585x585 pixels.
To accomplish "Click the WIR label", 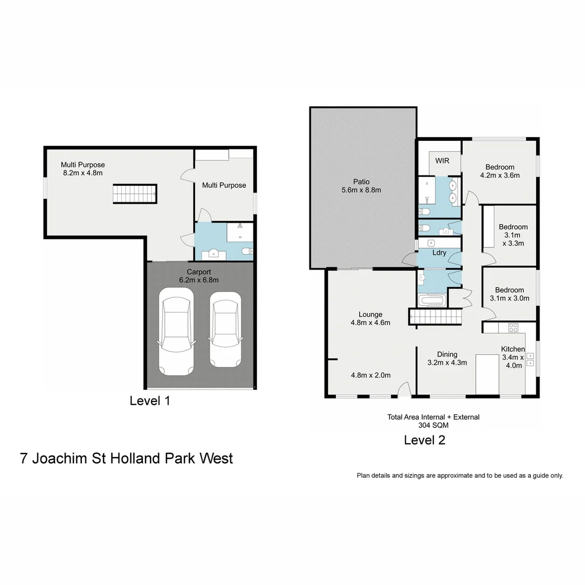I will pyautogui.click(x=442, y=161).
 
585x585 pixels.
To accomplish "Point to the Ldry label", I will pyautogui.click(x=439, y=252).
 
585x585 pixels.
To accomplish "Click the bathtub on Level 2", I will pyautogui.click(x=432, y=300).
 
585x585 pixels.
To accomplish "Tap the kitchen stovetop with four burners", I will pyautogui.click(x=512, y=327).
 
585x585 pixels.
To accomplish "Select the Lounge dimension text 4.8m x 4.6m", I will pyautogui.click(x=370, y=323).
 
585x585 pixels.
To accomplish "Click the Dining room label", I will pyautogui.click(x=447, y=354).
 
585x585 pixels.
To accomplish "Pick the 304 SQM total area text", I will pyautogui.click(x=433, y=425).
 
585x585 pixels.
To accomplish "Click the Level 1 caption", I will pyautogui.click(x=150, y=401).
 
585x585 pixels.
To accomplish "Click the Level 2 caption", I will pyautogui.click(x=425, y=440).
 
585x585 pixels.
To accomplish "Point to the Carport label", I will pyautogui.click(x=198, y=271).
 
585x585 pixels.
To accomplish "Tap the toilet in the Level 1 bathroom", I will pyautogui.click(x=246, y=251).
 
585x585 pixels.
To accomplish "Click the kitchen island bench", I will pyautogui.click(x=487, y=374).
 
